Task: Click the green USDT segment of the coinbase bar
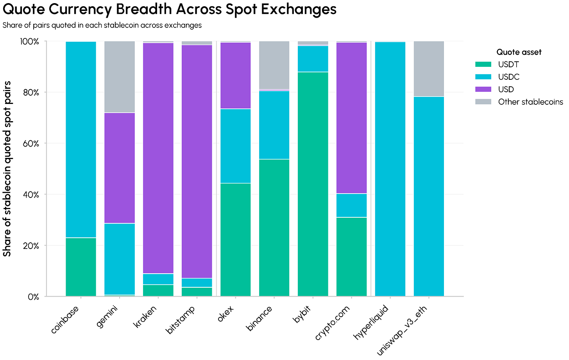click(x=81, y=267)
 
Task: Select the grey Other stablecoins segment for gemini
click(x=120, y=77)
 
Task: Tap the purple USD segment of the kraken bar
click(x=158, y=158)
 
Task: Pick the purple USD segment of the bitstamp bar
click(x=197, y=161)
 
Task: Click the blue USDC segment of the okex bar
click(x=236, y=146)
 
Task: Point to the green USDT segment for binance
click(x=274, y=227)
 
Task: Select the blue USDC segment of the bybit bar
click(x=313, y=59)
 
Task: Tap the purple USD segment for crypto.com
click(x=352, y=118)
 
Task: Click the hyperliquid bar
click(x=390, y=169)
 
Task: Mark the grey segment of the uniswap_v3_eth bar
click(x=429, y=68)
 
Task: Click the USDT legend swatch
click(x=483, y=64)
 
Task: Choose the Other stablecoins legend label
click(x=531, y=102)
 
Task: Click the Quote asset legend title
click(x=519, y=52)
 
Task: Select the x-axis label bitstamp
click(x=181, y=319)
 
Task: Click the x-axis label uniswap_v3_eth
click(x=401, y=330)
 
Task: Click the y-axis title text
click(x=7, y=169)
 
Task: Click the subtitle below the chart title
click(x=102, y=25)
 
